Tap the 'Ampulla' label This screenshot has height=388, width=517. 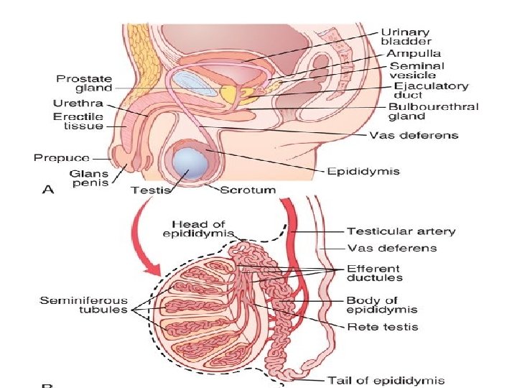click(414, 53)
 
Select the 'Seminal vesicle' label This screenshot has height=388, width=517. click(416, 70)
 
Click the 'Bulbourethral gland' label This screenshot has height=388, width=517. click(433, 111)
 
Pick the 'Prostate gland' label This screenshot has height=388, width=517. click(85, 83)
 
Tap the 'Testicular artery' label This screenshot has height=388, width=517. click(401, 231)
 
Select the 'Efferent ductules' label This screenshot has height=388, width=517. click(373, 272)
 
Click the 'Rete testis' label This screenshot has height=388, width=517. click(382, 327)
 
